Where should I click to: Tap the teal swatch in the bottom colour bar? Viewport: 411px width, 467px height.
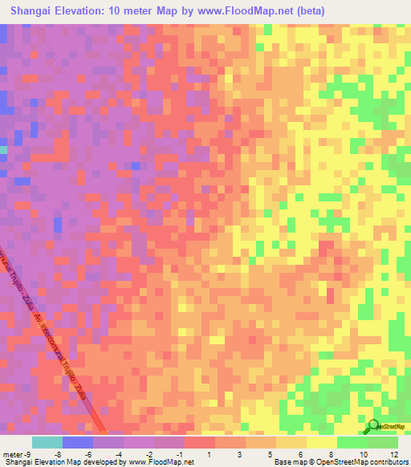[47, 441]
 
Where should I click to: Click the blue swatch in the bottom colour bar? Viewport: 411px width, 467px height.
[78, 441]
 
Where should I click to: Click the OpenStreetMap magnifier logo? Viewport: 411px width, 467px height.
[373, 426]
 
